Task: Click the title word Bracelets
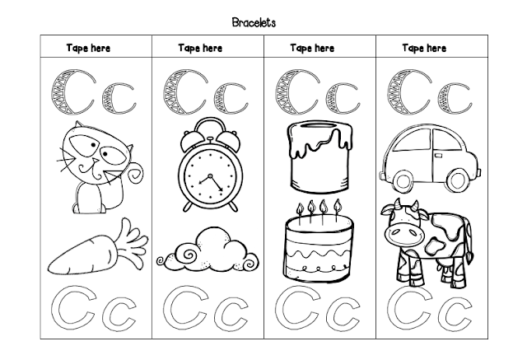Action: click(x=254, y=22)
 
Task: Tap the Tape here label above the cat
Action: click(x=88, y=48)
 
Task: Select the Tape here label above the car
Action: click(x=424, y=48)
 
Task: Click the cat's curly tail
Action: click(x=135, y=173)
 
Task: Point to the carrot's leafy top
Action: click(x=132, y=243)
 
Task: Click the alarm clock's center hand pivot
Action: click(x=210, y=175)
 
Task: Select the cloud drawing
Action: click(x=208, y=250)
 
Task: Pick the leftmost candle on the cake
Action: click(x=299, y=213)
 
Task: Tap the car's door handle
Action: click(x=438, y=155)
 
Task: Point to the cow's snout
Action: click(x=401, y=234)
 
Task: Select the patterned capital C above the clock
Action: click(x=184, y=91)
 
